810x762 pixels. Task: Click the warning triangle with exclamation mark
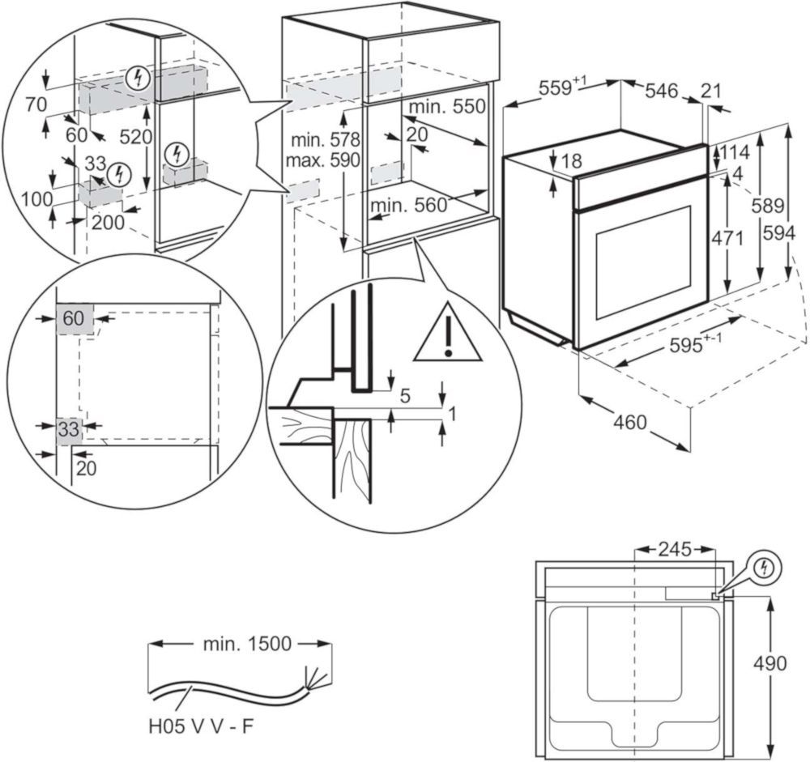coord(448,336)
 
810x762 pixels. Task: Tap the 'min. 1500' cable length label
coord(247,644)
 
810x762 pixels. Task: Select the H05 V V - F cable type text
coord(202,726)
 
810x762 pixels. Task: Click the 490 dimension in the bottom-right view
coord(769,663)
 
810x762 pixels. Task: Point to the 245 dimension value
coord(675,549)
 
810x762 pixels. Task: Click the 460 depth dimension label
coord(629,422)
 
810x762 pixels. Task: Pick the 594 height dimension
coord(779,233)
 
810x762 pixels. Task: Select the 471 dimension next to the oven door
coord(727,238)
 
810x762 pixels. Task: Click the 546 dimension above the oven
coord(661,91)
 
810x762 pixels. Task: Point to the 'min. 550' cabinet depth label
coord(447,106)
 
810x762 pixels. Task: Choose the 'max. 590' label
coord(323,160)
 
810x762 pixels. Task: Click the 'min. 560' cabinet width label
coord(408,206)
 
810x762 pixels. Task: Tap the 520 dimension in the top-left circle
coord(136,137)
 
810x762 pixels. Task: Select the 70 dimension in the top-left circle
coord(36,105)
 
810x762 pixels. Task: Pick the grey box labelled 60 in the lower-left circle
coord(75,319)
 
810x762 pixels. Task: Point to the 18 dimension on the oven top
coord(571,160)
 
